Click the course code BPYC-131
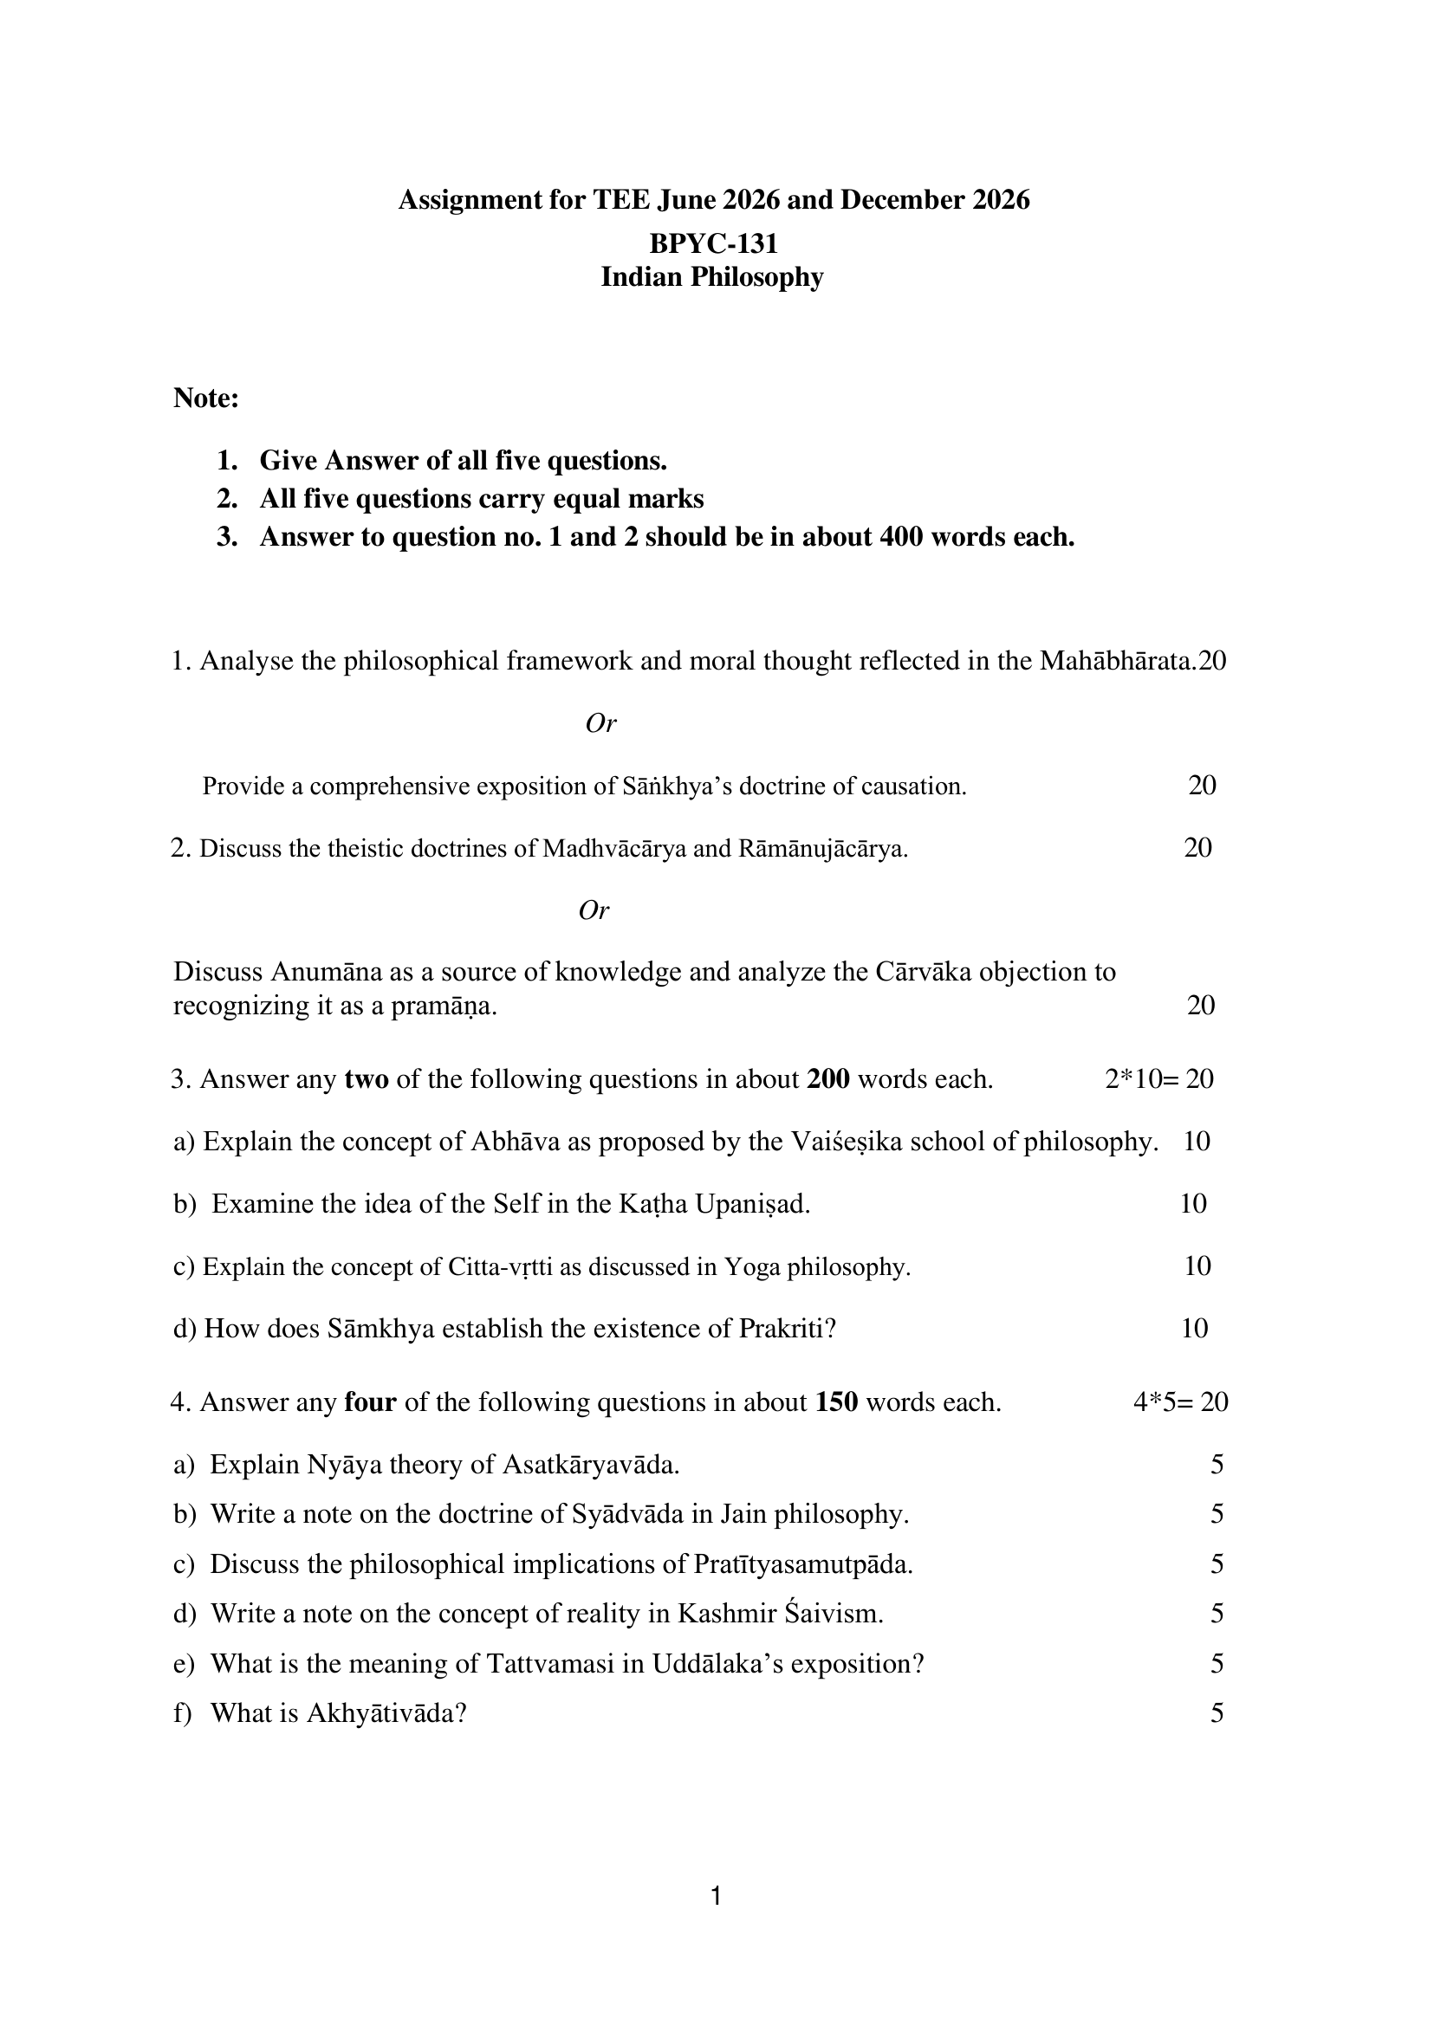tap(712, 243)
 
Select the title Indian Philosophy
tap(711, 277)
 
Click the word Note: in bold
tap(205, 398)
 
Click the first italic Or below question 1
tap(600, 724)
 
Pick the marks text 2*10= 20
tap(1158, 1078)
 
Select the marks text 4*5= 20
tap(1181, 1402)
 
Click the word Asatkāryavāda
tap(591, 1466)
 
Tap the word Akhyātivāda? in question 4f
tap(386, 1713)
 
